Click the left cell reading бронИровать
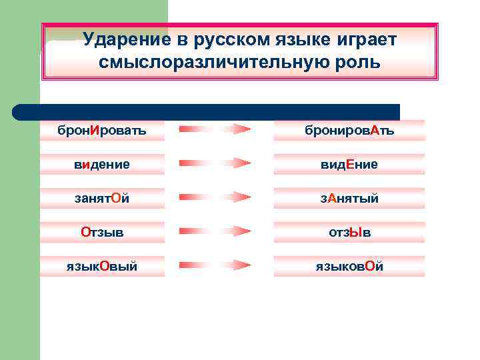[102, 130]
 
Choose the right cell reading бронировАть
[349, 130]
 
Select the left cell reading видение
[102, 164]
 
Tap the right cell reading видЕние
[349, 164]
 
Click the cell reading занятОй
[102, 198]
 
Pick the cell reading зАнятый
[349, 198]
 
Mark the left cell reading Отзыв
[102, 232]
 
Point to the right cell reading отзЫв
[349, 232]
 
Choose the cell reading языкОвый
[102, 266]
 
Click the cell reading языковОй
[349, 266]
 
